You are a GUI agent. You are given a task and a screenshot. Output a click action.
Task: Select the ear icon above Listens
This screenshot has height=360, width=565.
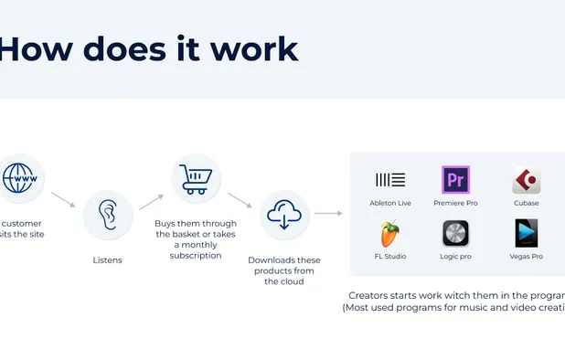click(108, 216)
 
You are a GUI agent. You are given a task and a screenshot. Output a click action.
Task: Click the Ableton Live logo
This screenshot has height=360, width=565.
click(390, 180)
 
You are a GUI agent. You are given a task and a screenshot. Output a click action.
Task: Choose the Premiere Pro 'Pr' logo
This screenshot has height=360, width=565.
click(455, 180)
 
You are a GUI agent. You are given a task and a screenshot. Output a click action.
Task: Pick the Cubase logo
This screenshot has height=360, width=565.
click(526, 180)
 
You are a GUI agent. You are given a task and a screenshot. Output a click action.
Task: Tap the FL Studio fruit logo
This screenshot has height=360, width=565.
click(390, 234)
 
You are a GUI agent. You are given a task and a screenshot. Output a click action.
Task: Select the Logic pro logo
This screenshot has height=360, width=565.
click(455, 234)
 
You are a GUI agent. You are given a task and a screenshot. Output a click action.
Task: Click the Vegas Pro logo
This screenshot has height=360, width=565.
click(526, 234)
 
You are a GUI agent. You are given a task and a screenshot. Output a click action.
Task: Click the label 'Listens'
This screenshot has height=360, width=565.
click(108, 260)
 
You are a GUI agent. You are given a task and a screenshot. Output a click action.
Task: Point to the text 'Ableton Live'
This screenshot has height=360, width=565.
click(390, 203)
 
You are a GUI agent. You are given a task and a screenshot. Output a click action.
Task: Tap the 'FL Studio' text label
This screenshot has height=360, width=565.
click(390, 257)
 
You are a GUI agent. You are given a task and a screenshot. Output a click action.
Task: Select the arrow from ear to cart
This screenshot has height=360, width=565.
click(151, 202)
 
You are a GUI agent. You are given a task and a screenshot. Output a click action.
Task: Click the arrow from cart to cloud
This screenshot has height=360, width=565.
click(240, 200)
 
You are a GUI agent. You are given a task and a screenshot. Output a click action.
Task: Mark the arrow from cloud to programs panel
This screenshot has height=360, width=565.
click(328, 214)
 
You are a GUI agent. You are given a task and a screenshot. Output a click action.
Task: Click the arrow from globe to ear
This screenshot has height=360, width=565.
click(63, 199)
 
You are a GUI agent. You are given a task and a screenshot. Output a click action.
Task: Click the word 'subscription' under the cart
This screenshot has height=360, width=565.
click(196, 256)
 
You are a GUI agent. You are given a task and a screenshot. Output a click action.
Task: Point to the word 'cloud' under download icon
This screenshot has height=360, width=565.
click(285, 282)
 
